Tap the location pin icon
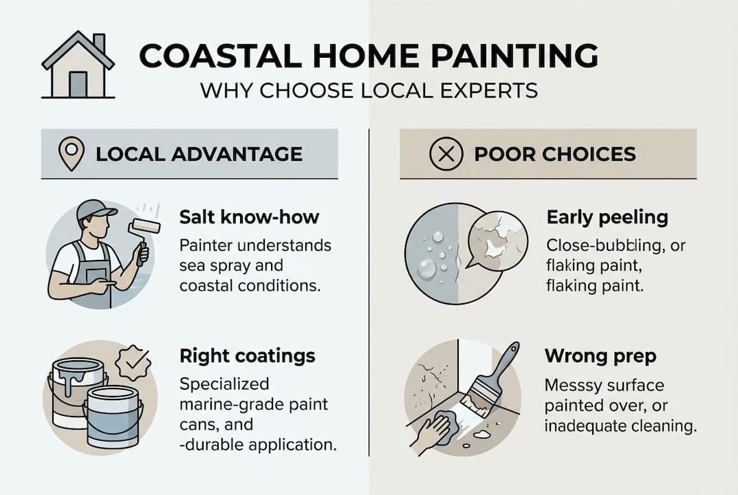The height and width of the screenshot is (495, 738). [72, 153]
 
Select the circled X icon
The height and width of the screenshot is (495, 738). [446, 153]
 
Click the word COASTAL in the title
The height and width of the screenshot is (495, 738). [206, 57]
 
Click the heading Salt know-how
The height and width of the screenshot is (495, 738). [249, 217]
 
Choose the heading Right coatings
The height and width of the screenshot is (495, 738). [247, 355]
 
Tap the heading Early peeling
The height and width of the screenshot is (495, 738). [607, 217]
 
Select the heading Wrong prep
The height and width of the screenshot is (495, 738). [600, 356]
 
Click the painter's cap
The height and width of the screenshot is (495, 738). [95, 209]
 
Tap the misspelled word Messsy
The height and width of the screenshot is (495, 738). [573, 386]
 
